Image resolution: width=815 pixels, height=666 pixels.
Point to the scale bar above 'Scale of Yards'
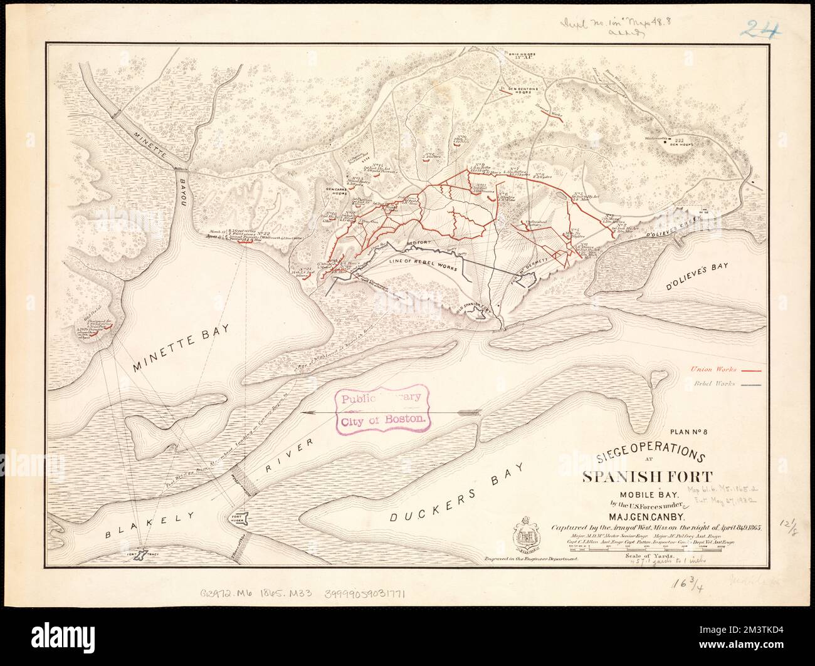point(646,548)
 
